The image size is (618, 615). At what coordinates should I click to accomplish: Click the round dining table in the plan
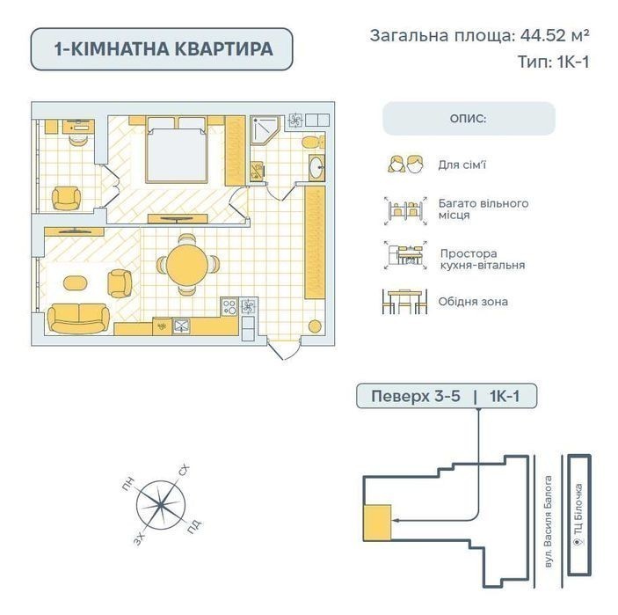coord(185,263)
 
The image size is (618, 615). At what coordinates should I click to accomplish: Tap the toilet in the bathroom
coord(309,142)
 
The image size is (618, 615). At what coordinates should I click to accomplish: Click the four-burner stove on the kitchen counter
coord(229,307)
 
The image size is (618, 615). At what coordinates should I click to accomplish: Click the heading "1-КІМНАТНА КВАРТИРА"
coord(162,49)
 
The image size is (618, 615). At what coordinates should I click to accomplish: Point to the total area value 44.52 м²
coord(551,36)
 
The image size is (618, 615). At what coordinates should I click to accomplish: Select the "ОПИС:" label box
coord(469,118)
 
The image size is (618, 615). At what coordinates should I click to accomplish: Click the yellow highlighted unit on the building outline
coord(377,521)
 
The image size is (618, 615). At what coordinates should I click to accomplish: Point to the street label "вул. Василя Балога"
coord(548,524)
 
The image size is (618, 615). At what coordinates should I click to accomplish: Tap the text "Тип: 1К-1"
coord(554,62)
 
